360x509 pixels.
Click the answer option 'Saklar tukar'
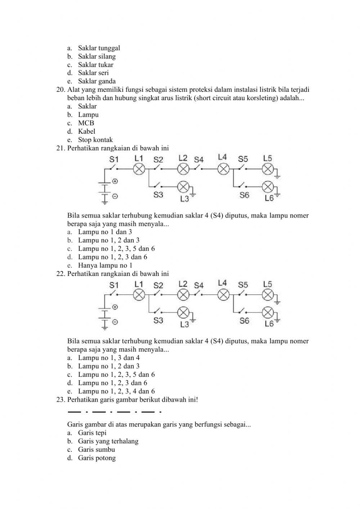tap(95, 65)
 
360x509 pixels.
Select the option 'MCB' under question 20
tap(86, 123)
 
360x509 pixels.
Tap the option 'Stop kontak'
tap(95, 140)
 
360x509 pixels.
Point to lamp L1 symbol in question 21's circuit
tap(139, 169)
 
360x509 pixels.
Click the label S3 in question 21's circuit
tap(158, 195)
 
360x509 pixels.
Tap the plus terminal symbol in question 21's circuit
tap(115, 181)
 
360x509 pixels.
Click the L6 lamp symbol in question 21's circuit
tap(267, 186)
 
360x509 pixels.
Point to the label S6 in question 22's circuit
tap(244, 321)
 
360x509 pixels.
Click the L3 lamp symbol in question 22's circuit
tap(184, 312)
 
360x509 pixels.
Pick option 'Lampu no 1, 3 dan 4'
tap(109, 358)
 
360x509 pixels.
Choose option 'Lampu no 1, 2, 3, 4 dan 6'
tap(116, 391)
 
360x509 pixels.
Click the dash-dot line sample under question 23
tap(114, 411)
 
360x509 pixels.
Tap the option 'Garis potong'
tap(97, 458)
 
